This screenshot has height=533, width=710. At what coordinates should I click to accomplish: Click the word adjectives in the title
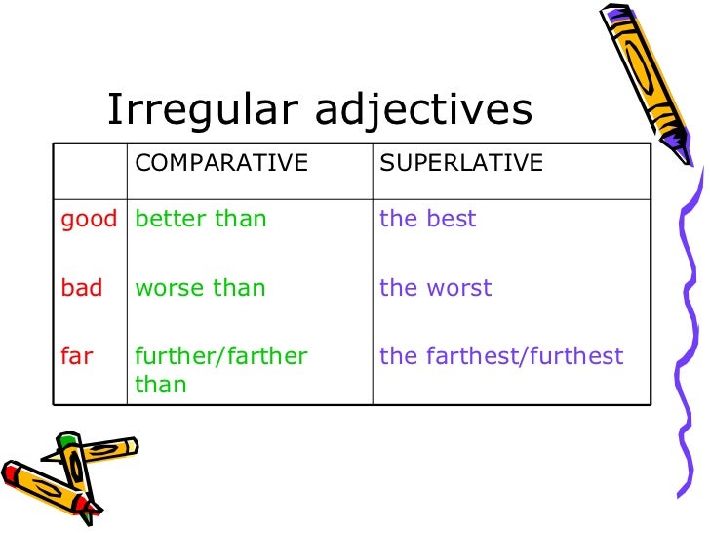click(423, 111)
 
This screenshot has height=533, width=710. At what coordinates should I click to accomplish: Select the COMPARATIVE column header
click(221, 163)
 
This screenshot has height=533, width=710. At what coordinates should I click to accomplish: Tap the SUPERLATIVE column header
click(461, 163)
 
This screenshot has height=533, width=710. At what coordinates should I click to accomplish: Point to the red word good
click(89, 220)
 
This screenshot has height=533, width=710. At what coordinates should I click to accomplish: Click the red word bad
click(81, 288)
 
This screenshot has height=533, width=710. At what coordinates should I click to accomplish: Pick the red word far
click(76, 356)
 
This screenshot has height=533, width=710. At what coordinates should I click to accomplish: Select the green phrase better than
click(201, 219)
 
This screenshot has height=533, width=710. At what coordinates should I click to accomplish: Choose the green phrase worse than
click(200, 288)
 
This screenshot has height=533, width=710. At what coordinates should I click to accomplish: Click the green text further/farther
click(221, 356)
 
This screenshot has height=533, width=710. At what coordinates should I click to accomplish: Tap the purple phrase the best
click(428, 219)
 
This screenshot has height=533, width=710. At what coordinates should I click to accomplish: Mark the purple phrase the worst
click(436, 288)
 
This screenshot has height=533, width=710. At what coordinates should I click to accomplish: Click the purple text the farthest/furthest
click(501, 356)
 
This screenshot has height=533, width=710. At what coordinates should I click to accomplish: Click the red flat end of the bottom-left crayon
click(10, 473)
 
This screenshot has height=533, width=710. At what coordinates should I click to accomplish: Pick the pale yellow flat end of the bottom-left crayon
click(133, 446)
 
